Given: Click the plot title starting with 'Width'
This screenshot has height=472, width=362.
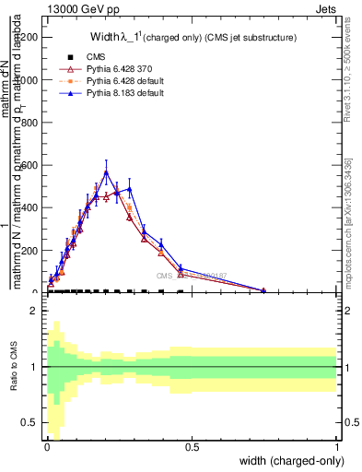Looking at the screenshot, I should [184, 38].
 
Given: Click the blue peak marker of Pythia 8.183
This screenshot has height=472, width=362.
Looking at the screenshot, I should [107, 171].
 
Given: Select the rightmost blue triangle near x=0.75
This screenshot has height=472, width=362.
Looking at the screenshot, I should [263, 290].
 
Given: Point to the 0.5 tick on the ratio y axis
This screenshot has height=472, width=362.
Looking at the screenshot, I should [33, 422].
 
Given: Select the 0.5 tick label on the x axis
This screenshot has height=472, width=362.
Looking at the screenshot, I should [192, 446].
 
